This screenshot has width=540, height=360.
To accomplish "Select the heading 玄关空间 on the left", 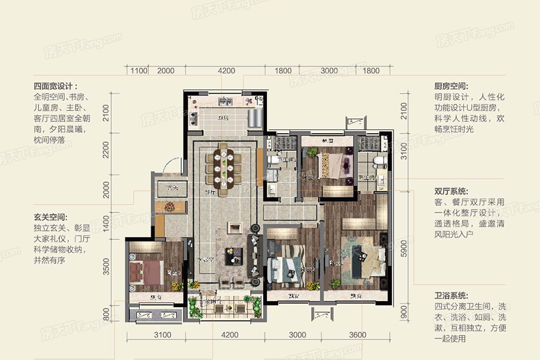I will (50, 217).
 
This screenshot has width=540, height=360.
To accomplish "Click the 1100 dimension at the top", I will (139, 71).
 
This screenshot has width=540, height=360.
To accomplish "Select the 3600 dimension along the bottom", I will (361, 335).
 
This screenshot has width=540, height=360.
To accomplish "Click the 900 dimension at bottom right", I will (404, 313).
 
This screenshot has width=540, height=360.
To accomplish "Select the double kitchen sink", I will (197, 101).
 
